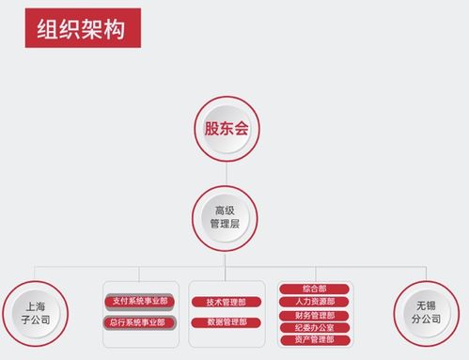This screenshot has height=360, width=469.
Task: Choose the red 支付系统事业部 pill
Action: (139, 302)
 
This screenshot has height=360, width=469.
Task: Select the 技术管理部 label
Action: (226, 302)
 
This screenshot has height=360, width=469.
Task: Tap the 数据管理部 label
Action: (226, 322)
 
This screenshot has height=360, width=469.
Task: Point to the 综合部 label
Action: (314, 289)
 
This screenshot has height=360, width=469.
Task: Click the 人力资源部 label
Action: (314, 302)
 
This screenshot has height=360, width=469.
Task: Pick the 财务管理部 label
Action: (314, 315)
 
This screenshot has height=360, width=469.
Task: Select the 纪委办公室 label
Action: (314, 327)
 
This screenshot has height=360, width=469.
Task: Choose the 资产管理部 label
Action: (314, 339)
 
